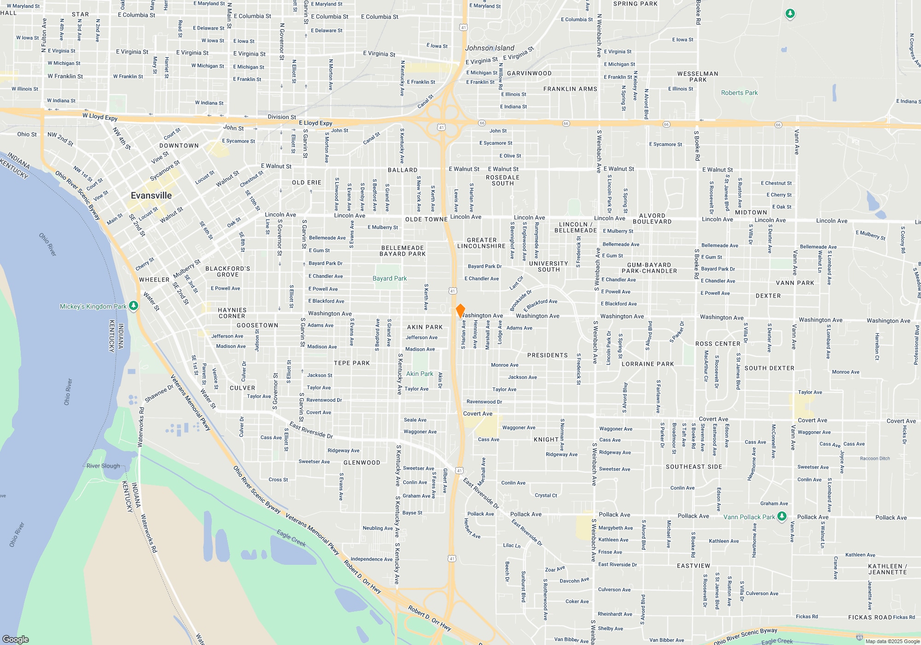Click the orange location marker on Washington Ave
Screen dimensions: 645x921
460,311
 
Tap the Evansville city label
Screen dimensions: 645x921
151,196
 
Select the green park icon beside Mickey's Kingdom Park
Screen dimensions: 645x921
134,306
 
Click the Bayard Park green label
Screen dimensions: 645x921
390,278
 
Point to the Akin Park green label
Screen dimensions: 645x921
420,374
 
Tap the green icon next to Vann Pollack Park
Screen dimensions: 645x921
781,516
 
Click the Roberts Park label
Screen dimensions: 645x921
739,93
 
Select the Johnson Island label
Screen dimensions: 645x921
490,48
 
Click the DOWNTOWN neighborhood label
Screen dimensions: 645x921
179,146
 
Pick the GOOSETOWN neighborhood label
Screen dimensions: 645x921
257,325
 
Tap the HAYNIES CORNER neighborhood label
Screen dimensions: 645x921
232,313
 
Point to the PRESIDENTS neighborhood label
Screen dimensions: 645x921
548,355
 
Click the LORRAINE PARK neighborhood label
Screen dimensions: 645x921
647,364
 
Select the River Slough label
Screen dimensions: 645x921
103,466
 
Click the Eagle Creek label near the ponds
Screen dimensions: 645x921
291,538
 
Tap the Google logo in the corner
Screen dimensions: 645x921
16,639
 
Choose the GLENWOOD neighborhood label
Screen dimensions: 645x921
362,463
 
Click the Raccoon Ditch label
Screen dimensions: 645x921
875,458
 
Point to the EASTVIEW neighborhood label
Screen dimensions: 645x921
694,566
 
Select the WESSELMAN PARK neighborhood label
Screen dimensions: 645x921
698,76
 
